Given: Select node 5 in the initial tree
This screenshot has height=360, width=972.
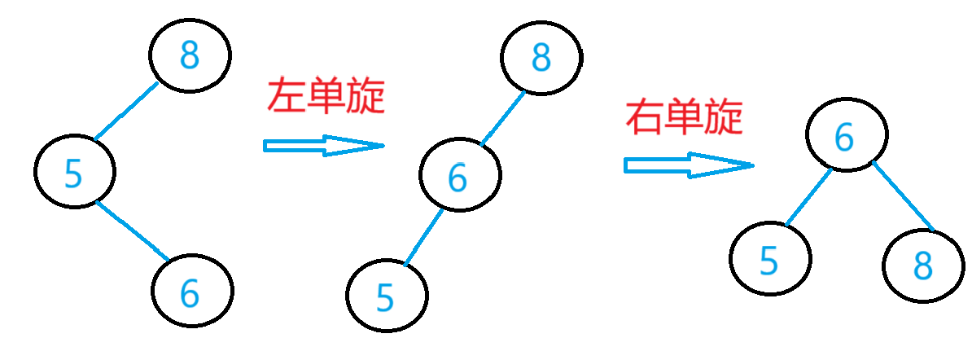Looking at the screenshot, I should pyautogui.click(x=75, y=172).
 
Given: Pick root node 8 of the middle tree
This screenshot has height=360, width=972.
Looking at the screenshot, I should pyautogui.click(x=541, y=55).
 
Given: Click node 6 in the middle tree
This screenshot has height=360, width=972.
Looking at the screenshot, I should pyautogui.click(x=460, y=176).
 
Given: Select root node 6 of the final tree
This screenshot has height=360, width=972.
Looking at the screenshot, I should pyautogui.click(x=847, y=137).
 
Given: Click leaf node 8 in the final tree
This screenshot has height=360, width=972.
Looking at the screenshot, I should pyautogui.click(x=922, y=264).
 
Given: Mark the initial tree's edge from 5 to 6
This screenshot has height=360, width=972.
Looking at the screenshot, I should pyautogui.click(x=133, y=231).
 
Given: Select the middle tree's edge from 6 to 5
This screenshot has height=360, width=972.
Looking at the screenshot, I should pyautogui.click(x=423, y=237).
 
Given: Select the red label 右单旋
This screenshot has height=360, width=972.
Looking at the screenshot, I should pyautogui.click(x=684, y=118).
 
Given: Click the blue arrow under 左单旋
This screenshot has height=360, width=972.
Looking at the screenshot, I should pyautogui.click(x=323, y=146).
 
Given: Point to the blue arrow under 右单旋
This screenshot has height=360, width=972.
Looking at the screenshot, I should pyautogui.click(x=688, y=165).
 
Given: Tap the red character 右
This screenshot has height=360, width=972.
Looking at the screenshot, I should pyautogui.click(x=645, y=118).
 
